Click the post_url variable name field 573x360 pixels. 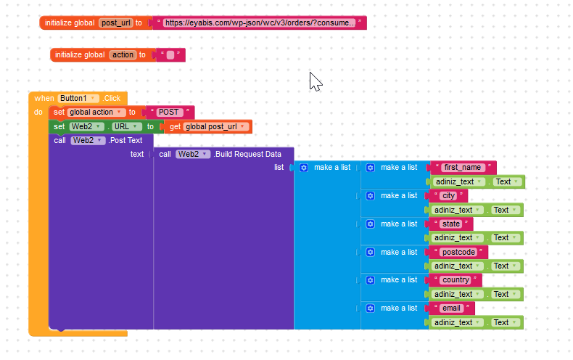(x=115, y=22)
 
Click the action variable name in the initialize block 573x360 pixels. (x=123, y=54)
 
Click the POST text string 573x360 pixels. (x=170, y=112)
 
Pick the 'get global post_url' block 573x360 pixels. (x=209, y=127)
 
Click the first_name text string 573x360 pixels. (x=462, y=168)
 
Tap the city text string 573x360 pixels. (x=449, y=196)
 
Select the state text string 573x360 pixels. (x=451, y=224)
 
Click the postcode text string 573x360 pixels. (x=459, y=252)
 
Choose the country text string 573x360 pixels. (x=456, y=279)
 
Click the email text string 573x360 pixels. (x=451, y=308)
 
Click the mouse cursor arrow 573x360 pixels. (x=314, y=80)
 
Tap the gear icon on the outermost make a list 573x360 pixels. (x=304, y=168)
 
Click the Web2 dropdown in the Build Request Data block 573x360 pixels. (x=193, y=154)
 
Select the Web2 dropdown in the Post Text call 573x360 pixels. (x=88, y=140)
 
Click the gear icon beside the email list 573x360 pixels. (x=370, y=308)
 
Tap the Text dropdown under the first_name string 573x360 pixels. (x=505, y=181)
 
